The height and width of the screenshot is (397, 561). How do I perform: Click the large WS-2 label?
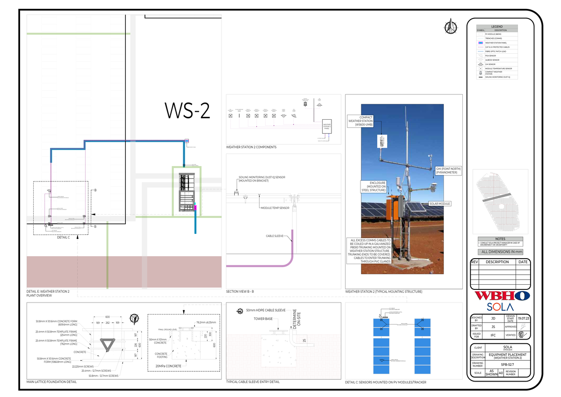point(187,111)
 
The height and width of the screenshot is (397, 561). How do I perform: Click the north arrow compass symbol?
point(451,26)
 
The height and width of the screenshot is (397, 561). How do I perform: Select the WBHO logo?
point(502,296)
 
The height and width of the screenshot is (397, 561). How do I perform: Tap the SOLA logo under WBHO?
point(500,307)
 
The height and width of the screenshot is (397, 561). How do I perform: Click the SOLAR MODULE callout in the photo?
point(439,204)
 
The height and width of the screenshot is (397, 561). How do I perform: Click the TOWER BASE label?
point(263,319)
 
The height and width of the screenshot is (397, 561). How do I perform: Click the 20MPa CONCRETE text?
point(168,366)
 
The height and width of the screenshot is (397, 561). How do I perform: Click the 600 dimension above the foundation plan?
point(108,317)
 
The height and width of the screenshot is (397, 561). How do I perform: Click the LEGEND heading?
point(497,26)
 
